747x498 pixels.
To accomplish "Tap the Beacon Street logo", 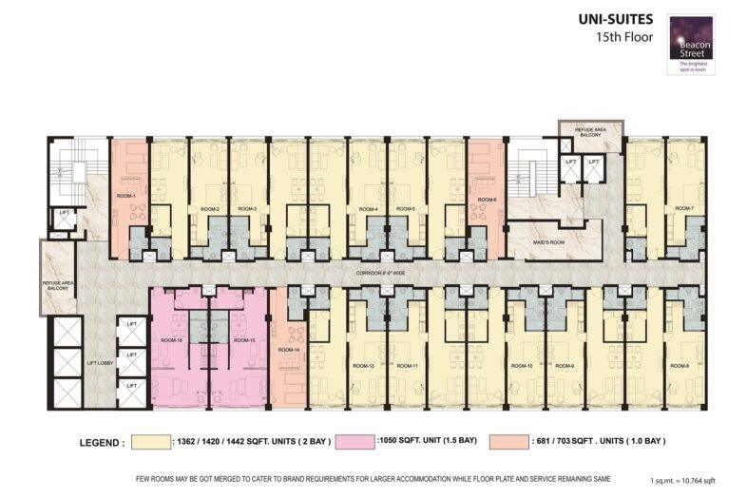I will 692,45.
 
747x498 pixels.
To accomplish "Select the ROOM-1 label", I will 126,197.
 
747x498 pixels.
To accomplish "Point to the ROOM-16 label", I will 171,339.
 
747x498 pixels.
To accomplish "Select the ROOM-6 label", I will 488,200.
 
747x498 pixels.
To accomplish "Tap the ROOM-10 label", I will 521,366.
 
